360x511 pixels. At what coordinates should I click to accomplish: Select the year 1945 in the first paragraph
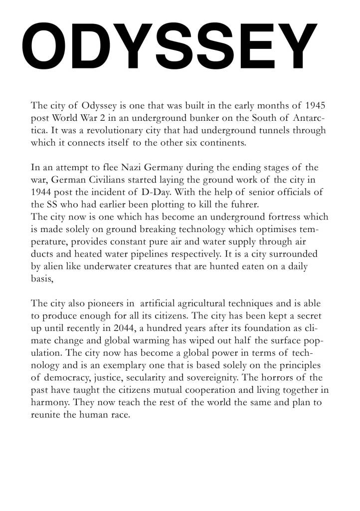(x=315, y=106)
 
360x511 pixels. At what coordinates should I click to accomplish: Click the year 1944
(x=42, y=192)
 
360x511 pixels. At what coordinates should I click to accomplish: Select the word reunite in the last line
(x=44, y=414)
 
